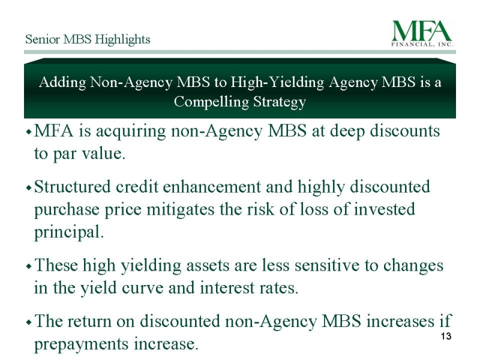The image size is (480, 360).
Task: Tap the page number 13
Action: (x=446, y=336)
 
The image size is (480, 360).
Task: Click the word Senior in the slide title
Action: (x=43, y=39)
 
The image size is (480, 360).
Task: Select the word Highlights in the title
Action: (x=122, y=40)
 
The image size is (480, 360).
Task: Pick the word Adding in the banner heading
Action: (x=63, y=83)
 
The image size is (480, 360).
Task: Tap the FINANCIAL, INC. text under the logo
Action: (x=422, y=44)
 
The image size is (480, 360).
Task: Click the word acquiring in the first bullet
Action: (x=131, y=131)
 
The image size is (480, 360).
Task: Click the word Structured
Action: (x=73, y=187)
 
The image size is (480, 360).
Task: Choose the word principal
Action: (x=69, y=232)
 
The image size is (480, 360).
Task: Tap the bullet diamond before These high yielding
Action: (x=29, y=266)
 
